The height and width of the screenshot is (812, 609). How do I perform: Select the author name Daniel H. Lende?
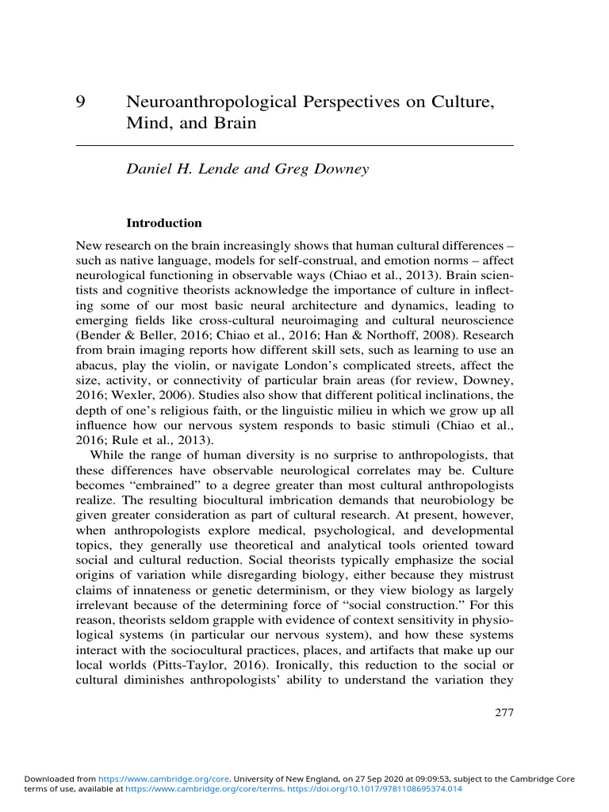186,170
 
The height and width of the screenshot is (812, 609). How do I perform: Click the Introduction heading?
164,223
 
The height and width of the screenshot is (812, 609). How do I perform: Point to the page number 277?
504,712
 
